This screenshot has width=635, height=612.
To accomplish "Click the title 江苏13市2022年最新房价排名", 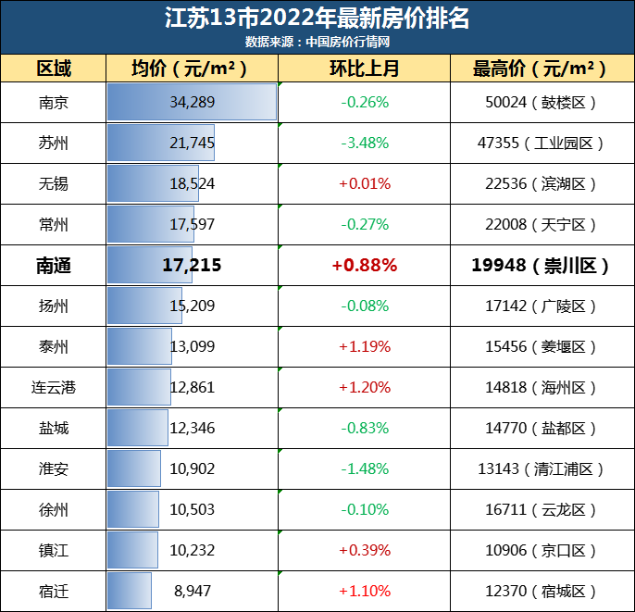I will point(317,19).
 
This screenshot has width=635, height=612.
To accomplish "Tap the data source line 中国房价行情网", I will point(317,42).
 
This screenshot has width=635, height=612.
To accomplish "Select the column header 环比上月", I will point(364,69).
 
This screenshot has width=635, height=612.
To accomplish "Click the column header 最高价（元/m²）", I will point(542,69).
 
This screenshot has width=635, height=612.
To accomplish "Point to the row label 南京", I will point(54,102).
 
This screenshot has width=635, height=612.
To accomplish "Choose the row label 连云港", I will point(54,387).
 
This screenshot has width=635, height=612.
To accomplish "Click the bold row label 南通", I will point(54,266).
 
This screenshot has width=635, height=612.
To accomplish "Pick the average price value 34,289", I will point(193,102).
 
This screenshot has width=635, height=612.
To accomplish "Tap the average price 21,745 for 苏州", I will point(193,143).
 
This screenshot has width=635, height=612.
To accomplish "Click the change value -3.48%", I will point(364,143).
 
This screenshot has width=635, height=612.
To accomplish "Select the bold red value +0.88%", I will point(364,266).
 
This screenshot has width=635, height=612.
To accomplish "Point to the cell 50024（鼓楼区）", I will point(542,102).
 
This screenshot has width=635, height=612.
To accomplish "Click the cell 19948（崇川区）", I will point(542,266).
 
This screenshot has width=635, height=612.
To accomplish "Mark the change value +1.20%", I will point(364,387).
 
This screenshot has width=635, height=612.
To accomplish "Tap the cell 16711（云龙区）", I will point(542,509).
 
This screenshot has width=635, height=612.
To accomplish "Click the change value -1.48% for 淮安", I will point(364,468).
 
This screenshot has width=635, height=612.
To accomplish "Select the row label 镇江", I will point(54,550).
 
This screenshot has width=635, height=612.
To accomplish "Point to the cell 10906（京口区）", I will point(542,550).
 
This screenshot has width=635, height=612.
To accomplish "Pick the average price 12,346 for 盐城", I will point(193,428).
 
